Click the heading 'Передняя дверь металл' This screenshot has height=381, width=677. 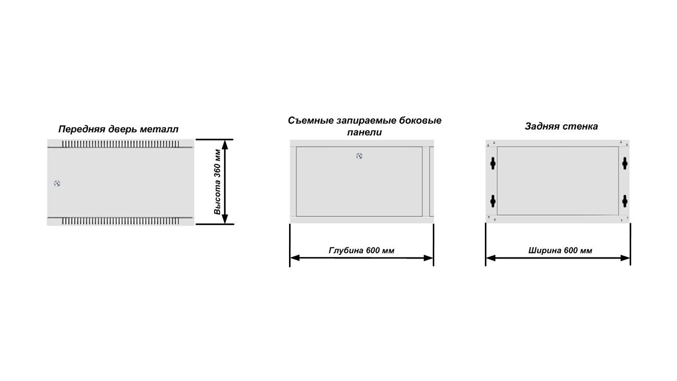pos(118,129)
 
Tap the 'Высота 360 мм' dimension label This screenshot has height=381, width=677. pos(217,182)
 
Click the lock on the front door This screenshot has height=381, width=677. pos(57,183)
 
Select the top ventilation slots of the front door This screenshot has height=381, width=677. pos(120,144)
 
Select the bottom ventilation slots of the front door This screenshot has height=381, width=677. pos(120,222)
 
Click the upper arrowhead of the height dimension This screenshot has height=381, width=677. pos(225,144)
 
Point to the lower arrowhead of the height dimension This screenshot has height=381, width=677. pos(225,219)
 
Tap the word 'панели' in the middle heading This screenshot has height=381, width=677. pos(364,132)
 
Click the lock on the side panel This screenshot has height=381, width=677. pos(359,156)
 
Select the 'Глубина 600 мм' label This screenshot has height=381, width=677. pos(361,250)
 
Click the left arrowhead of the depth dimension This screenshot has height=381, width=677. pos(295,258)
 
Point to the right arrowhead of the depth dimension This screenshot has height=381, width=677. pos(428,258)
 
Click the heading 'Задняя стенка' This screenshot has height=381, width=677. pos(561,127)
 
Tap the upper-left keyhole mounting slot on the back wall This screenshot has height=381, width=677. pos(493,164)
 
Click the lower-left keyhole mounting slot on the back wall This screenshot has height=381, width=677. pos(493,201)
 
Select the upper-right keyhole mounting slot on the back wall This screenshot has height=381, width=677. pos(625,164)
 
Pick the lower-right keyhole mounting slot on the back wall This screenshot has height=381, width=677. pos(625,201)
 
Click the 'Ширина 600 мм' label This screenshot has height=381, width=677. pos(560,250)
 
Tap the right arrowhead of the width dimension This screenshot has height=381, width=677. pos(625,258)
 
